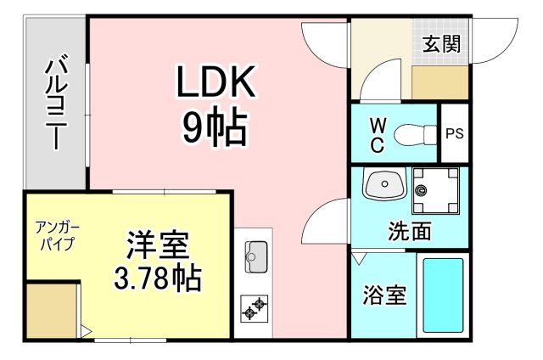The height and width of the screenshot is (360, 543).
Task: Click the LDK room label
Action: pyautogui.click(x=215, y=82)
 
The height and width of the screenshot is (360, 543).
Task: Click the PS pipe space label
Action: pyautogui.click(x=455, y=134)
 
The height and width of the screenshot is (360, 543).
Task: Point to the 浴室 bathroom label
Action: pyautogui.click(x=384, y=295)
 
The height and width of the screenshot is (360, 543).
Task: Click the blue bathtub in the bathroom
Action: pyautogui.click(x=443, y=295)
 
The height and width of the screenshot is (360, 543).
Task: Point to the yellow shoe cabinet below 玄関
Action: pyautogui.click(x=440, y=82)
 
